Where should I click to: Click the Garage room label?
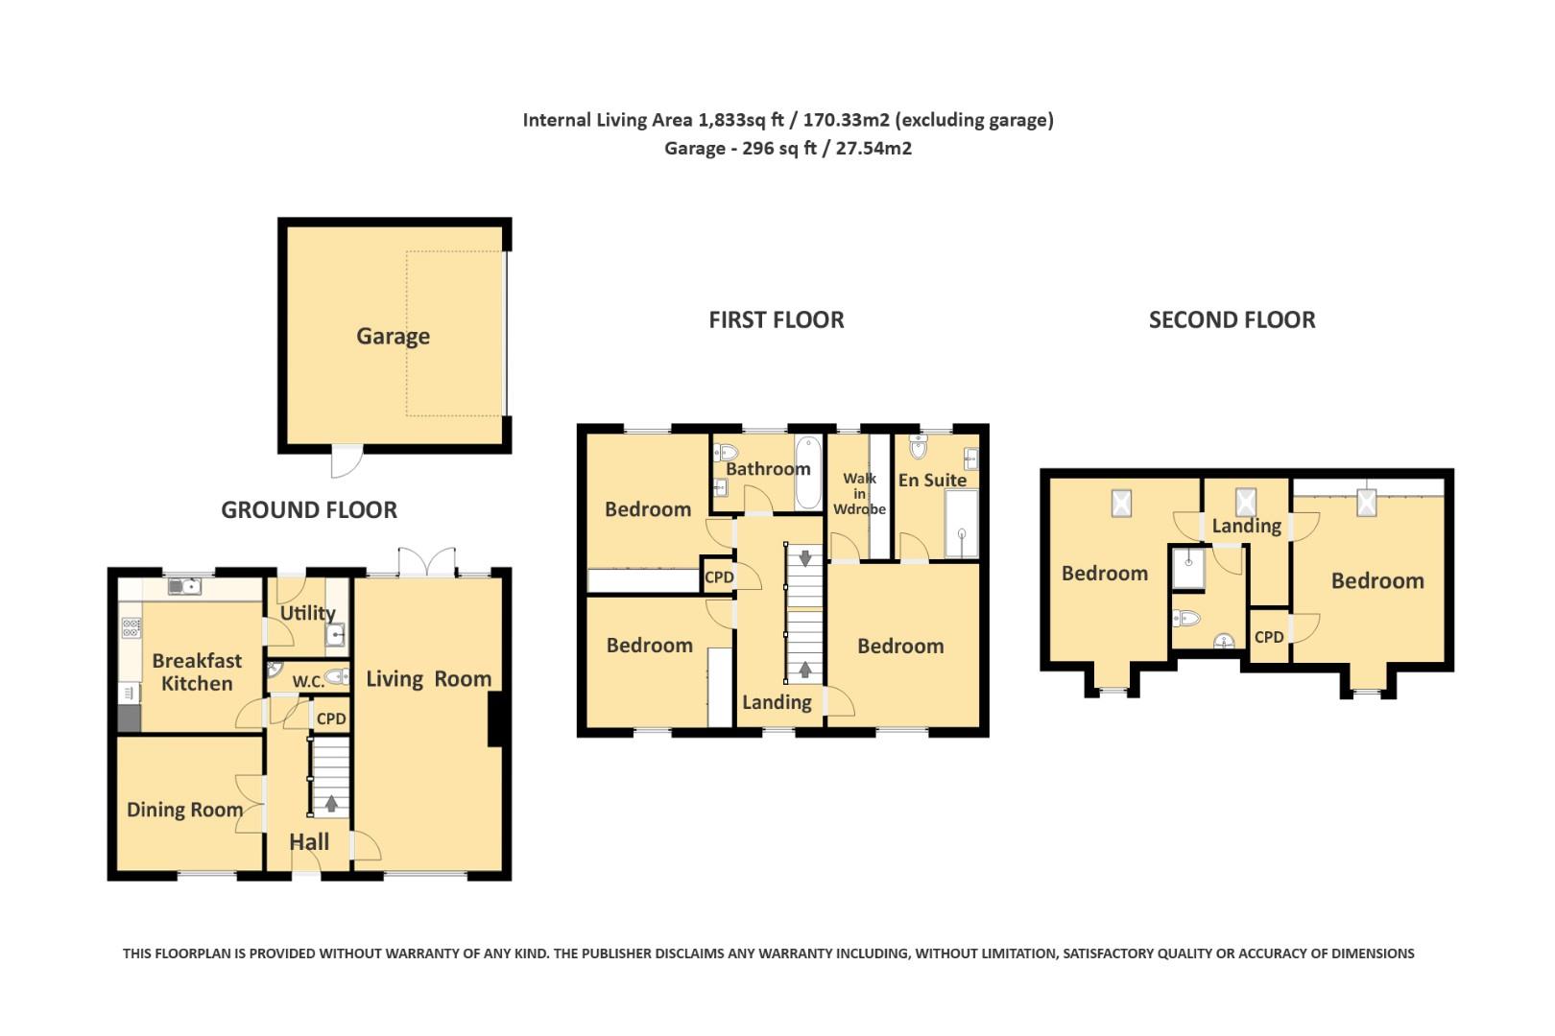tap(393, 337)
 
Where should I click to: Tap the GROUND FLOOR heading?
tap(309, 510)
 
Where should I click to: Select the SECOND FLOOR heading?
tap(1232, 320)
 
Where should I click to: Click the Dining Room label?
tap(184, 810)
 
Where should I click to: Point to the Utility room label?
tap(307, 613)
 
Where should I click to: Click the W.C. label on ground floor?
tap(308, 681)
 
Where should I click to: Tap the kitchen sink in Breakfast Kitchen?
tap(184, 585)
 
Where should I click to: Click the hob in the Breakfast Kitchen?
tap(132, 628)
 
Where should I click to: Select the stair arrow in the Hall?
tap(331, 804)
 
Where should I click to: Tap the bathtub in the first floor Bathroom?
tap(808, 473)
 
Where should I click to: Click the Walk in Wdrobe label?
tap(859, 493)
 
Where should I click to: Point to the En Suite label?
tap(932, 480)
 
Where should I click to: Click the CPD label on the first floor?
tap(719, 577)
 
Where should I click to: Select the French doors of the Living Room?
tap(427, 562)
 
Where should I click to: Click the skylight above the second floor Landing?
tap(1245, 502)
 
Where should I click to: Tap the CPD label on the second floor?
tap(1269, 637)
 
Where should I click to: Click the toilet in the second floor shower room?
tap(1186, 618)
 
